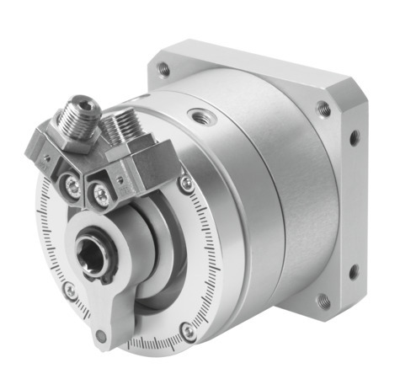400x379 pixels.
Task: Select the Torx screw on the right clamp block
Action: pos(101,195)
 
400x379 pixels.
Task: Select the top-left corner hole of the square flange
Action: pos(163,69)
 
